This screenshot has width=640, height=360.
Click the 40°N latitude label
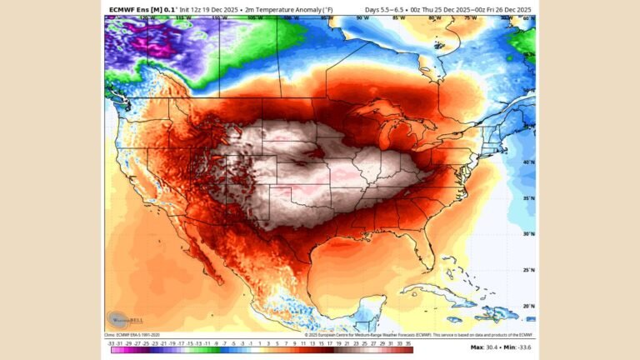point(527,162)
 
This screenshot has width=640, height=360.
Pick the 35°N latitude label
point(527,198)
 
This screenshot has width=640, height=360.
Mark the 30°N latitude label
point(527,234)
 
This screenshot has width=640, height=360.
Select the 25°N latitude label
point(527,270)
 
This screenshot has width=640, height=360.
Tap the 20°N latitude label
point(527,306)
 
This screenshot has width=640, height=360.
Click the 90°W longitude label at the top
point(362,17)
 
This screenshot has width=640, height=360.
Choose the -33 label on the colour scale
point(111,342)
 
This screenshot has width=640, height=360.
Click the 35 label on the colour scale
point(408,342)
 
